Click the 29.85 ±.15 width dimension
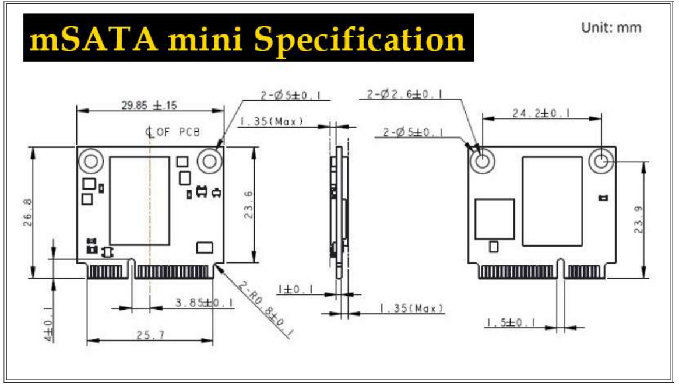pyautogui.click(x=149, y=106)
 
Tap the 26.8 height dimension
pyautogui.click(x=28, y=212)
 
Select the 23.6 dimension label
pyautogui.click(x=248, y=205)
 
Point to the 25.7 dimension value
pyautogui.click(x=150, y=335)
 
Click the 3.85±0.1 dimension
pyautogui.click(x=205, y=303)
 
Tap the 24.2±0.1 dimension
pyautogui.click(x=541, y=114)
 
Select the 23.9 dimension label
pyautogui.click(x=638, y=220)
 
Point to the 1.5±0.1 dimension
pyautogui.click(x=511, y=322)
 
